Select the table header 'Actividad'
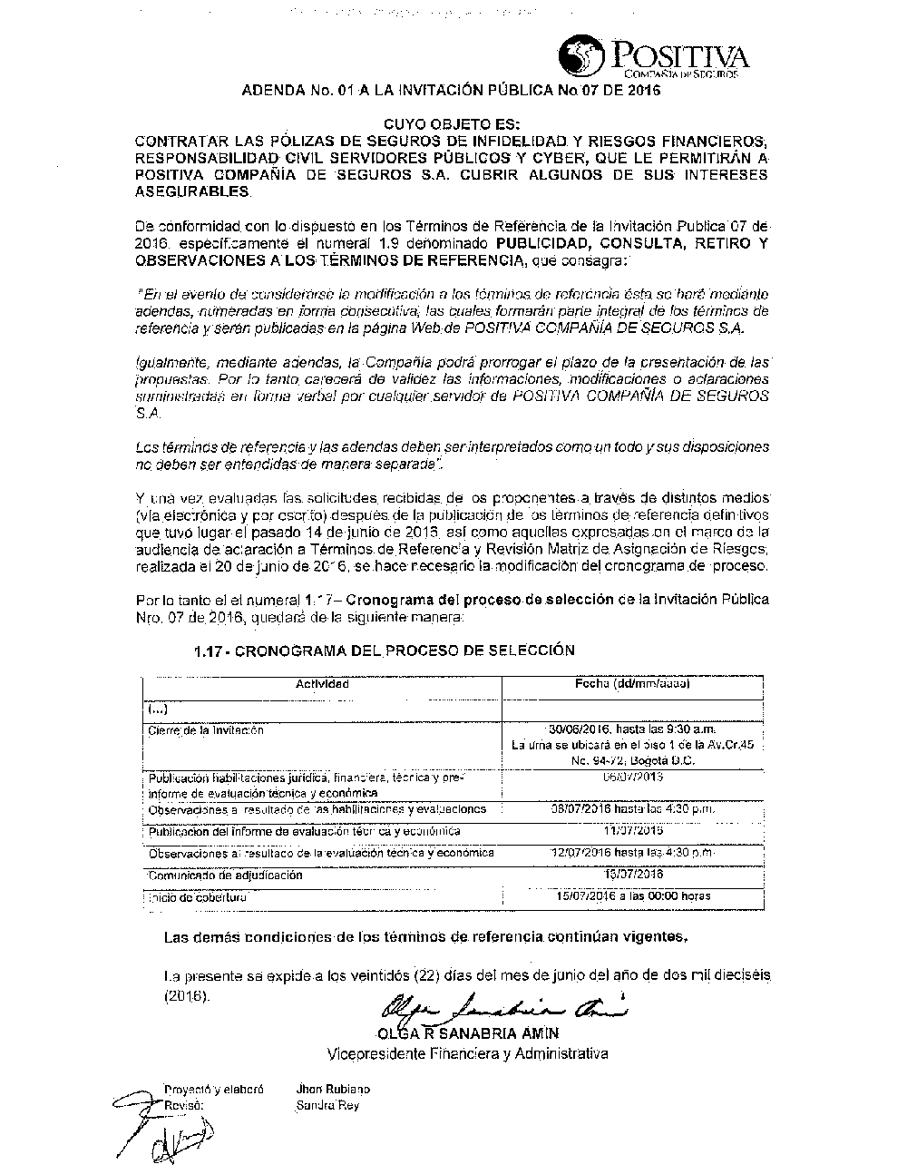click(322, 684)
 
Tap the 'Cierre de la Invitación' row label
click(206, 729)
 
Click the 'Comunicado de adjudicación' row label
click(225, 876)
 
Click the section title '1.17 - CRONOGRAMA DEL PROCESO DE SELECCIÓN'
click(385, 651)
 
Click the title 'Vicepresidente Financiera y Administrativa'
click(467, 1053)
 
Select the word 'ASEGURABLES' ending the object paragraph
click(191, 192)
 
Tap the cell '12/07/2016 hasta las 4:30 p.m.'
click(632, 853)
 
